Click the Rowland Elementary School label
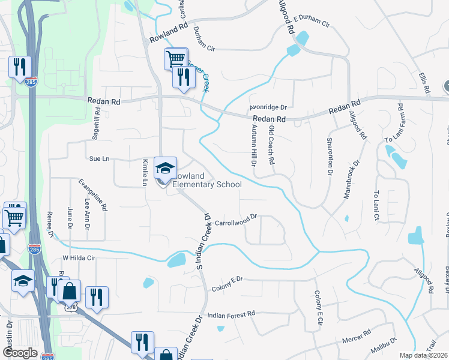(x=206, y=180)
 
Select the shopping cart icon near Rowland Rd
(x=175, y=59)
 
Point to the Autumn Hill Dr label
(x=253, y=142)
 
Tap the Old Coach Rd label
(x=271, y=145)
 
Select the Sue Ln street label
(x=99, y=159)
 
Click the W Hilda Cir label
(x=79, y=258)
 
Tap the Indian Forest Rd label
(x=231, y=314)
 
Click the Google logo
(x=20, y=353)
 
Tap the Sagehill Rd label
(x=95, y=128)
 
